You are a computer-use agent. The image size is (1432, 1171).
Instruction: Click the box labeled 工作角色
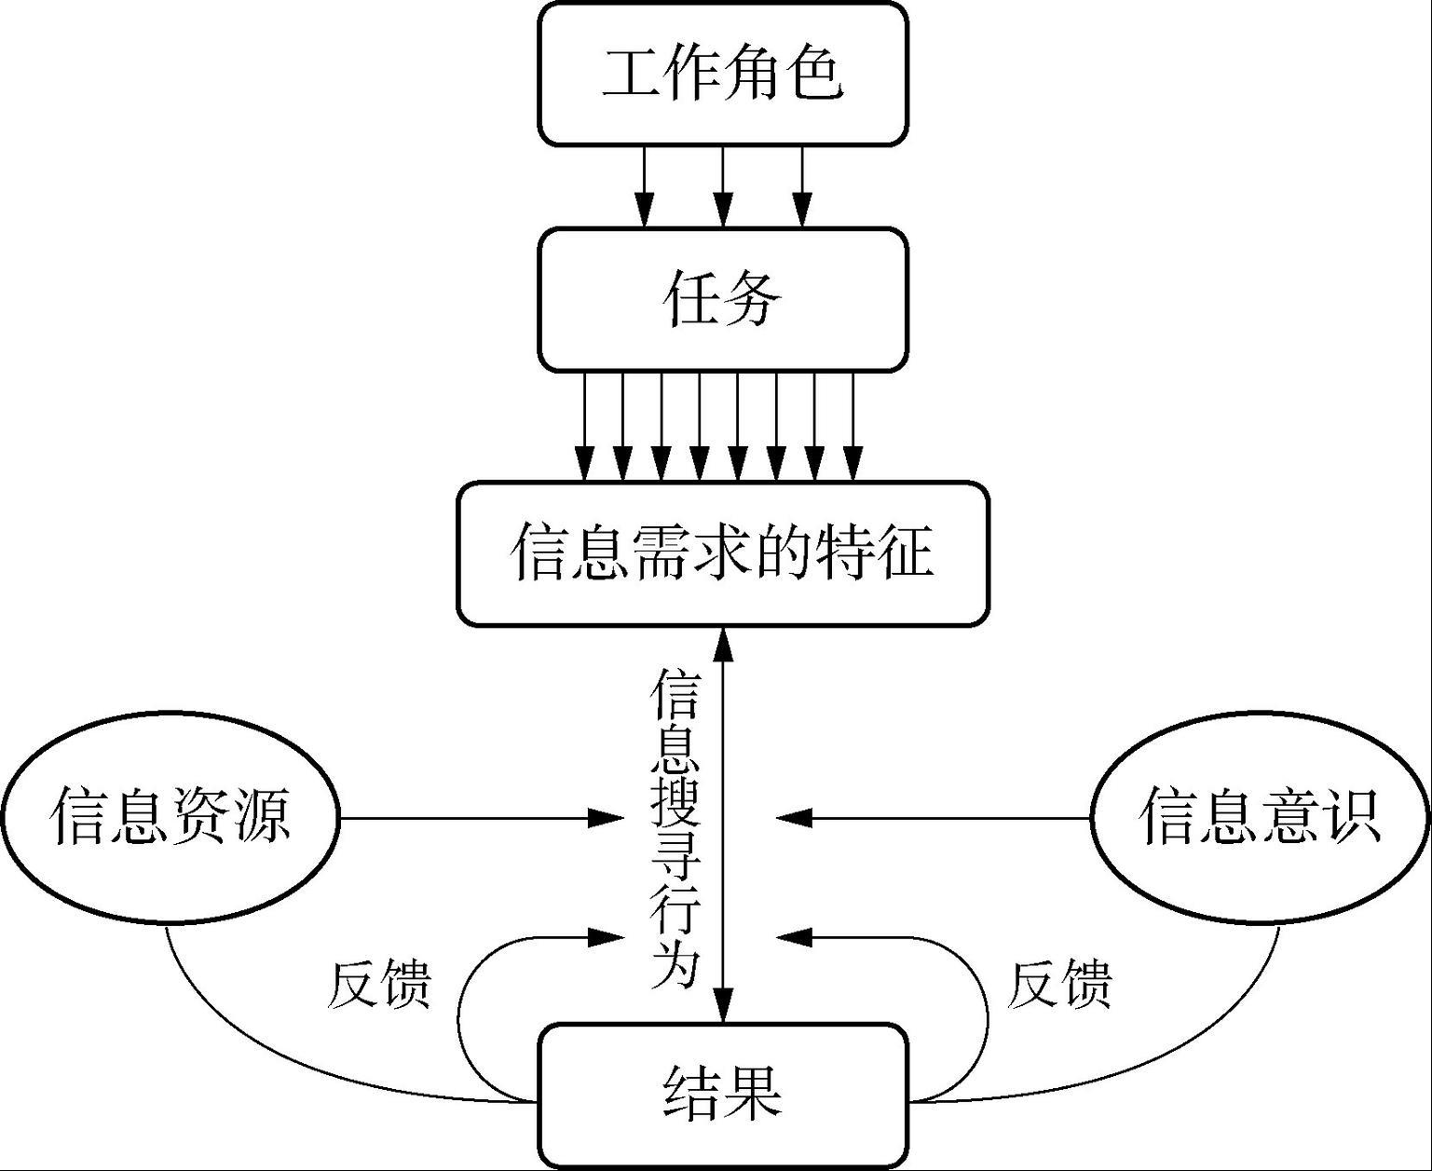pyautogui.click(x=723, y=74)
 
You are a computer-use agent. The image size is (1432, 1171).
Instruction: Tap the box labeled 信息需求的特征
pyautogui.click(x=723, y=553)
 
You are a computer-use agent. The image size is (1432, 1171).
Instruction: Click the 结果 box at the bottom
pyautogui.click(x=723, y=1096)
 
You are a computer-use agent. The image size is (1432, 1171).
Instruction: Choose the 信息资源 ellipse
pyautogui.click(x=170, y=817)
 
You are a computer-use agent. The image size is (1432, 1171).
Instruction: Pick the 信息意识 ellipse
pyautogui.click(x=1261, y=817)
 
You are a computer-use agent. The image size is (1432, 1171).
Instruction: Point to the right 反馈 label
pyautogui.click(x=1060, y=984)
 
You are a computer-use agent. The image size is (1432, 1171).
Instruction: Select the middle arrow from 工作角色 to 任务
pyautogui.click(x=723, y=186)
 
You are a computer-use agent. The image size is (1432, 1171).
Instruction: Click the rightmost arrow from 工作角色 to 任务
pyautogui.click(x=802, y=186)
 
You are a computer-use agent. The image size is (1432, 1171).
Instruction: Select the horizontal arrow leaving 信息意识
pyautogui.click(x=932, y=818)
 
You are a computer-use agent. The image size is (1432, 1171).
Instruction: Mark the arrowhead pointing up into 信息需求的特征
pyautogui.click(x=723, y=643)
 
